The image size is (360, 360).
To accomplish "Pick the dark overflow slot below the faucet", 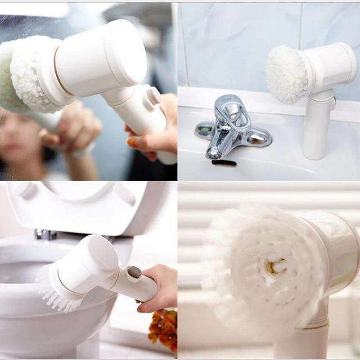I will tap(224, 163).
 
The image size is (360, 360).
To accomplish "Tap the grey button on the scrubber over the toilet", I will tap(134, 272).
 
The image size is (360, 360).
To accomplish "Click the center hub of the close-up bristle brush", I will tap(276, 268).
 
